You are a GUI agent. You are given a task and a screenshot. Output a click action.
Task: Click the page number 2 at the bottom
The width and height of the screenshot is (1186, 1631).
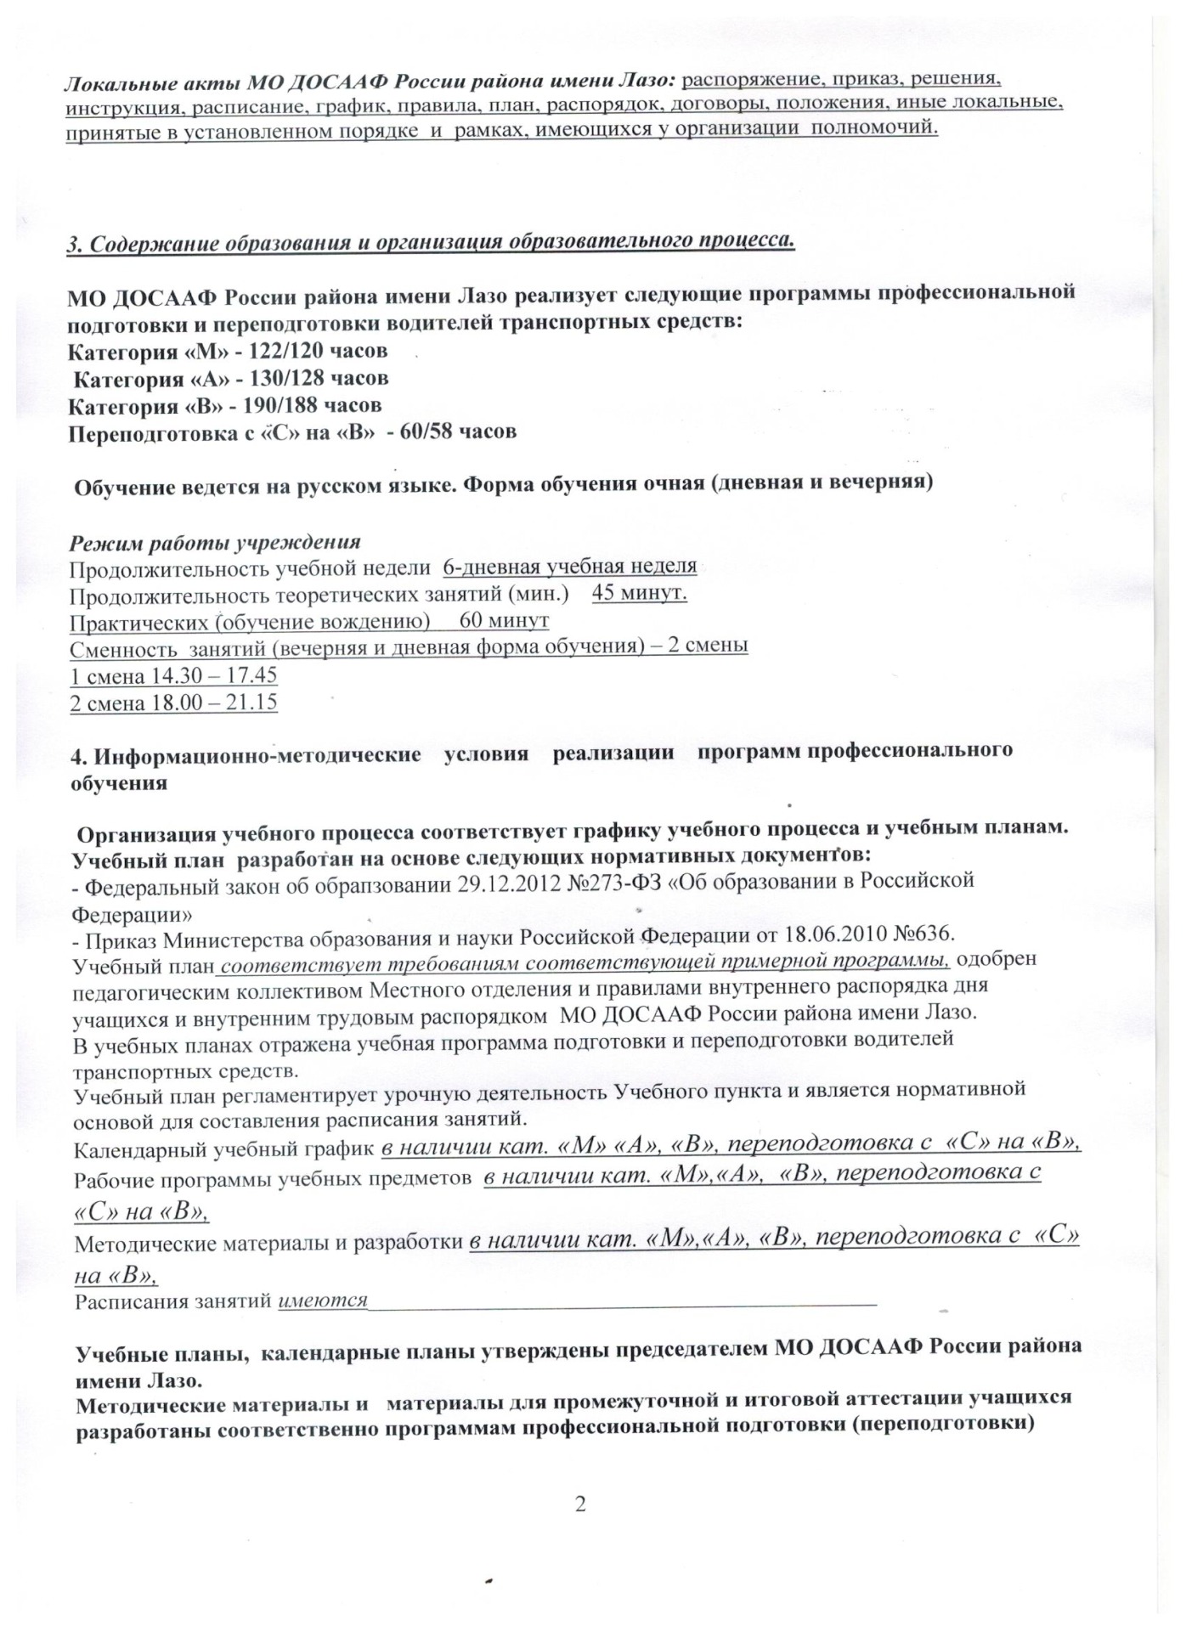coord(581,1504)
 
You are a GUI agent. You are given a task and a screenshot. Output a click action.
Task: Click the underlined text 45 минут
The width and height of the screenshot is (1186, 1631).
coord(639,593)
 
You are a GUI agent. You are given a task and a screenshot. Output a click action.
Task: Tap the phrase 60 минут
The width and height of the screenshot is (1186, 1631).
coord(504,621)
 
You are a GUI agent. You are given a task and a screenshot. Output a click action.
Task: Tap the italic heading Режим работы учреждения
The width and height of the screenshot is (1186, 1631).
coord(215,542)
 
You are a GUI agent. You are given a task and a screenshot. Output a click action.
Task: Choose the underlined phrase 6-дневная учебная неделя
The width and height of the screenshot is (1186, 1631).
coord(569,566)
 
